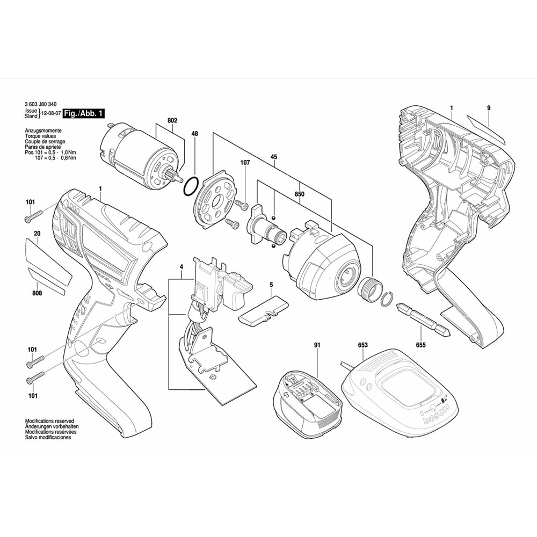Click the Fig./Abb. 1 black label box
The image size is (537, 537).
click(84, 113)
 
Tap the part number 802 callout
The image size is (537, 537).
click(172, 121)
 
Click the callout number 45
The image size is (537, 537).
click(273, 157)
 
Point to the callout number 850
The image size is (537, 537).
click(300, 194)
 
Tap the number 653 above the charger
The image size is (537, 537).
click(362, 345)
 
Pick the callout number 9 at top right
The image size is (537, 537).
click(489, 108)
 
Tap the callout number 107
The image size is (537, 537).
click(245, 162)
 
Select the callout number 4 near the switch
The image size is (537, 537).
click(182, 267)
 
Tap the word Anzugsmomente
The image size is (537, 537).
click(43, 131)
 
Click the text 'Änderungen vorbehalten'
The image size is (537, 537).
click(50, 427)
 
